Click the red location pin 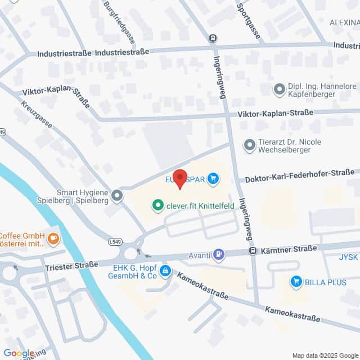coord(179,178)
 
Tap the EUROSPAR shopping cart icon coord(213,179)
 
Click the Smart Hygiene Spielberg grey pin coord(117,195)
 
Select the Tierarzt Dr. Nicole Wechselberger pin coord(249,146)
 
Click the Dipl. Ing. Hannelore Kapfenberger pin coord(279,88)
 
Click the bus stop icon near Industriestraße coord(213,39)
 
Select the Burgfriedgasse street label coord(120,22)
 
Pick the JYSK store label coord(349,257)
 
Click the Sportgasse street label coord(249,21)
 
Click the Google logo coord(19,353)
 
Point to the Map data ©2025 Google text coord(323,355)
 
